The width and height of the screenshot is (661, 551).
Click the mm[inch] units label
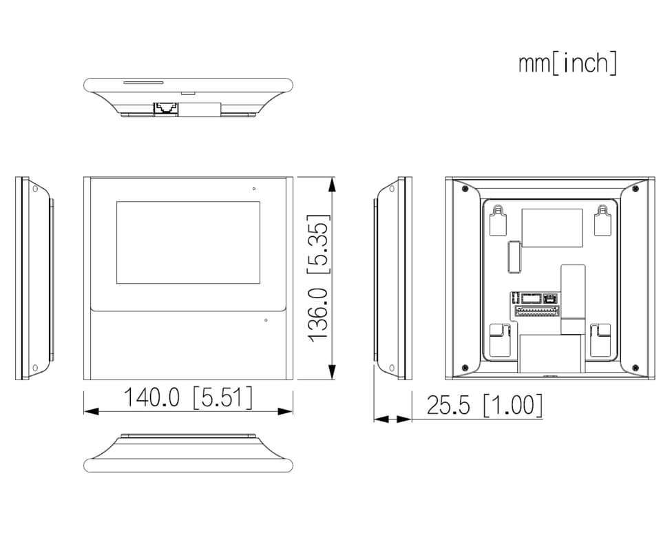(567, 63)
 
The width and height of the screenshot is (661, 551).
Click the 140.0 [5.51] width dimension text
(188, 397)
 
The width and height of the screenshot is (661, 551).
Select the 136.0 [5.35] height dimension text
(318, 278)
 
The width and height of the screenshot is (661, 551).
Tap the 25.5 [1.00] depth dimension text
(484, 405)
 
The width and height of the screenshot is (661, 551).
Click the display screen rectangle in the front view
(188, 242)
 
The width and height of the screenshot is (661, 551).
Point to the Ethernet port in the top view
(165, 108)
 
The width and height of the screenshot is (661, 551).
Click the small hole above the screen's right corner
(254, 189)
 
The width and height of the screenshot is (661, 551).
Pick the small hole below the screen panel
(266, 320)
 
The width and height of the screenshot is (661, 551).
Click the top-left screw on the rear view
(465, 189)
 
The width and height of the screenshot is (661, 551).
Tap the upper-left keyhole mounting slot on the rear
(498, 220)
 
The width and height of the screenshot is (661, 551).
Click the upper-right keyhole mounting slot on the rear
(603, 220)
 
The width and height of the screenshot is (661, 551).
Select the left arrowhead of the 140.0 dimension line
(92, 411)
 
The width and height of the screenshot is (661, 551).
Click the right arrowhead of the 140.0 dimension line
(285, 411)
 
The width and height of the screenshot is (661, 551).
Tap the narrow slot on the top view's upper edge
(143, 83)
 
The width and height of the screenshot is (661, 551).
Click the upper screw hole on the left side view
(35, 189)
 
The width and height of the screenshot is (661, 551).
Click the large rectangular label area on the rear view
(552, 228)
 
